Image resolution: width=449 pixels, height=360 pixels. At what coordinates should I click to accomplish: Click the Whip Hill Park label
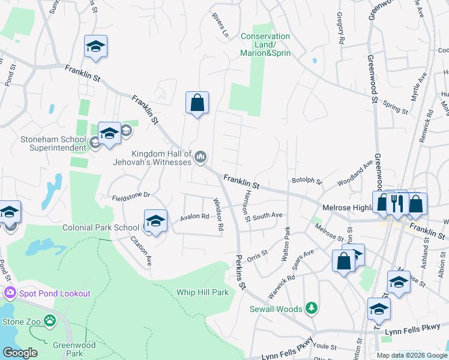coord(202,292)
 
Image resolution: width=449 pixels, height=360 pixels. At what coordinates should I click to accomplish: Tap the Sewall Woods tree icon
coord(311,309)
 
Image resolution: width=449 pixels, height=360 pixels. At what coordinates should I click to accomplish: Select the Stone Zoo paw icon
coord(49,321)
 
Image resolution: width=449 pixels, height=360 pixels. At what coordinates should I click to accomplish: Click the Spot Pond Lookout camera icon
coord(10,293)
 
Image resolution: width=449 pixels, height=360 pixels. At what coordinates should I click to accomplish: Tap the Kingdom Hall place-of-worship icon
coord(200,158)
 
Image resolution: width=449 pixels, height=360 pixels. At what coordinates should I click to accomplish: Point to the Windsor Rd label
coord(219,215)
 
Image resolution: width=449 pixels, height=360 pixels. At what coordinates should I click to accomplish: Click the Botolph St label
coord(306,180)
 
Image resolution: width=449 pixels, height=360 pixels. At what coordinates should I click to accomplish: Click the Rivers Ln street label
coord(220,26)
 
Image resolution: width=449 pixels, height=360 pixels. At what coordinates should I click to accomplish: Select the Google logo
coord(20,353)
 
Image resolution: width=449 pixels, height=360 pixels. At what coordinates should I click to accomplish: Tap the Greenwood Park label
coord(67,349)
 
